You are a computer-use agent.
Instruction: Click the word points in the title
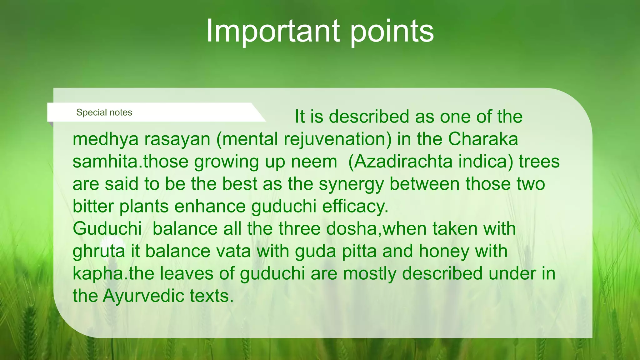pyautogui.click(x=392, y=31)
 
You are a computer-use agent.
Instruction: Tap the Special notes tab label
pyautogui.click(x=104, y=112)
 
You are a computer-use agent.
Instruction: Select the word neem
pyautogui.click(x=314, y=162)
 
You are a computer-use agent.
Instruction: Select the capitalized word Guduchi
pyautogui.click(x=107, y=229)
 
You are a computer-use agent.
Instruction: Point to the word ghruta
pyautogui.click(x=99, y=252)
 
